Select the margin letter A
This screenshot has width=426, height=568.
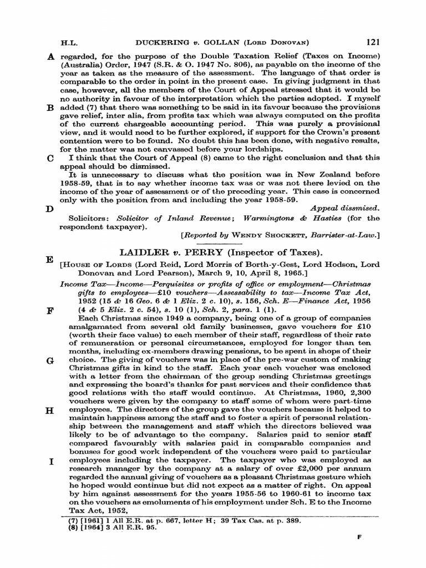click(50, 56)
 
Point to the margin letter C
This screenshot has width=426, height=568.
click(50, 158)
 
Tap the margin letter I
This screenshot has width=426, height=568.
click(51, 461)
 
